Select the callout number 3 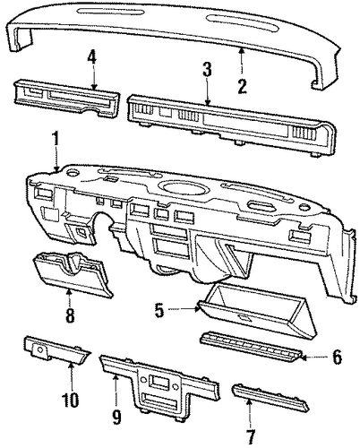(207, 69)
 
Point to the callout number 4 (92, 58)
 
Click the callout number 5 (159, 310)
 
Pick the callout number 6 (338, 358)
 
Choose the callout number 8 (70, 314)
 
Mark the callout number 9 (117, 417)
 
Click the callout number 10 (71, 401)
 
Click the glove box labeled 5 (257, 311)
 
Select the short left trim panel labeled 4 (66, 98)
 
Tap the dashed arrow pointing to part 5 (183, 309)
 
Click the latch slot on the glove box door (244, 318)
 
